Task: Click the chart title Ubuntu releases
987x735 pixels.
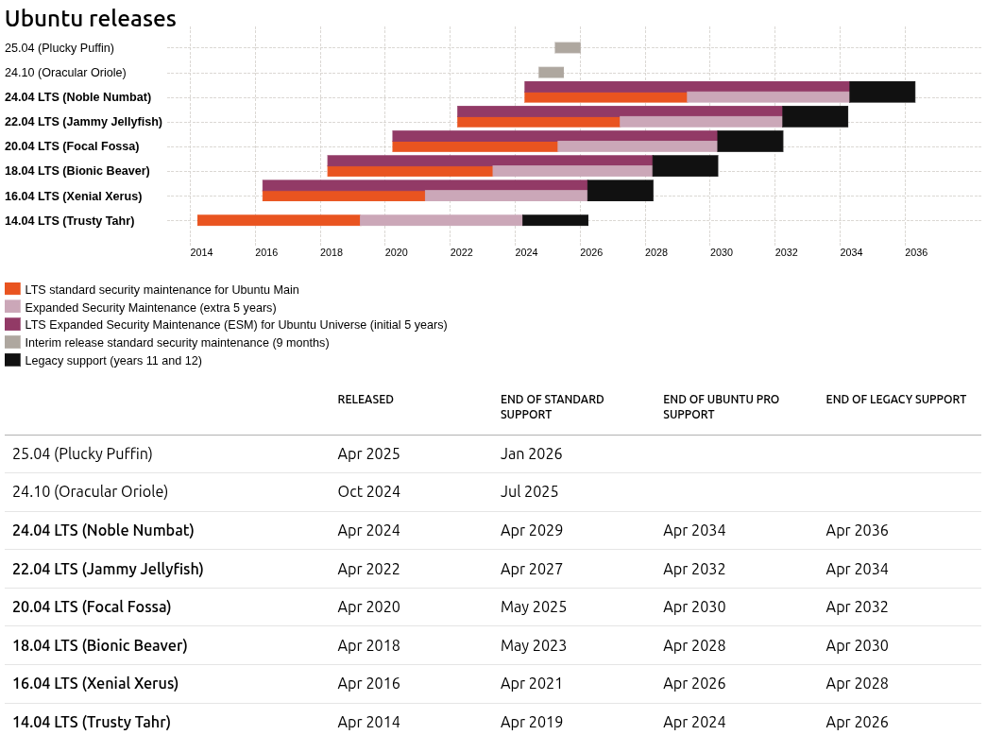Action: point(90,18)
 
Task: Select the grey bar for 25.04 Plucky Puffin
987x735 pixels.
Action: point(567,47)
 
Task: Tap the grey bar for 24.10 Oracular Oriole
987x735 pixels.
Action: point(551,72)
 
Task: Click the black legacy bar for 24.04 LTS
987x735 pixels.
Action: point(882,92)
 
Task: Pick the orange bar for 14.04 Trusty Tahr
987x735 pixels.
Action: point(279,220)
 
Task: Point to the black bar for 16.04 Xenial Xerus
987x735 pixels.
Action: point(620,190)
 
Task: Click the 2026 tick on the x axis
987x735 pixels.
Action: point(591,252)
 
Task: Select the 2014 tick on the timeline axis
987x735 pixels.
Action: point(201,252)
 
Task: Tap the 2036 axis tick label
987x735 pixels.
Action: point(915,252)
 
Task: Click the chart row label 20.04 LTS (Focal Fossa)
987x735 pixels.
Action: point(72,145)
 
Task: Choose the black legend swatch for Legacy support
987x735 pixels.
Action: point(12,360)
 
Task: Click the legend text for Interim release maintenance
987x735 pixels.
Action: point(177,342)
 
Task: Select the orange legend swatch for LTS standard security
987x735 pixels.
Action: point(12,289)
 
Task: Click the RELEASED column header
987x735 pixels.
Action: point(366,400)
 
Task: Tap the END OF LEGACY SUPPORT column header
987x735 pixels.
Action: point(895,400)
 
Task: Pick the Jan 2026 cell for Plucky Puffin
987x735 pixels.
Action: point(531,453)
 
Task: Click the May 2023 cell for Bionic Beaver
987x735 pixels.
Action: point(533,645)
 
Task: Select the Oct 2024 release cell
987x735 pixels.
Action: point(368,491)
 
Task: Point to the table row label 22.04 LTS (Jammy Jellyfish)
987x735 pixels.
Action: point(108,569)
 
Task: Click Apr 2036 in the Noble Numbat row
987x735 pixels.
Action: point(857,530)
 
